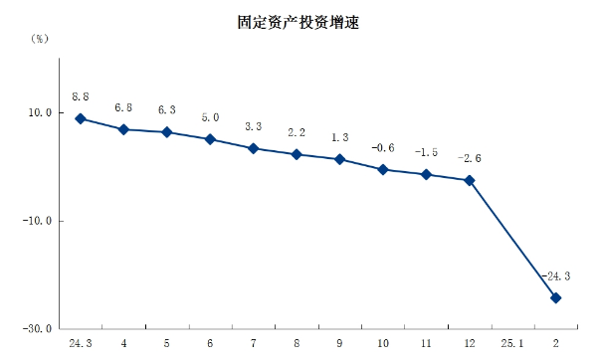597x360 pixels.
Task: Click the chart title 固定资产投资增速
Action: coord(298,20)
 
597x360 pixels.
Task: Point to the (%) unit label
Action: coord(39,39)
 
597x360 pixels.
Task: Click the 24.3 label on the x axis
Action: coord(81,343)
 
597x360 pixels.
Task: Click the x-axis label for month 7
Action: coord(254,343)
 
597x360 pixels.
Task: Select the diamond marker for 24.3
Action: coord(81,119)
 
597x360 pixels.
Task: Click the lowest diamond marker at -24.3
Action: coord(556,297)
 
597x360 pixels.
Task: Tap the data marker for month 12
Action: coord(470,180)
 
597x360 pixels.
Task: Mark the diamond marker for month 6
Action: coord(210,139)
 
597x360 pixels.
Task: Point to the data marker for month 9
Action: coord(340,159)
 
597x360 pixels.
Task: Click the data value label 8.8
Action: coord(81,97)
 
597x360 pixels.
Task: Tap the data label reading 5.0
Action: coord(210,117)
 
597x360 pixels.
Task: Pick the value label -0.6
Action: coord(383,147)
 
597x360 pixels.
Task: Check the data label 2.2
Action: coord(297,132)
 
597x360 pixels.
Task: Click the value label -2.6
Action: coord(470,158)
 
